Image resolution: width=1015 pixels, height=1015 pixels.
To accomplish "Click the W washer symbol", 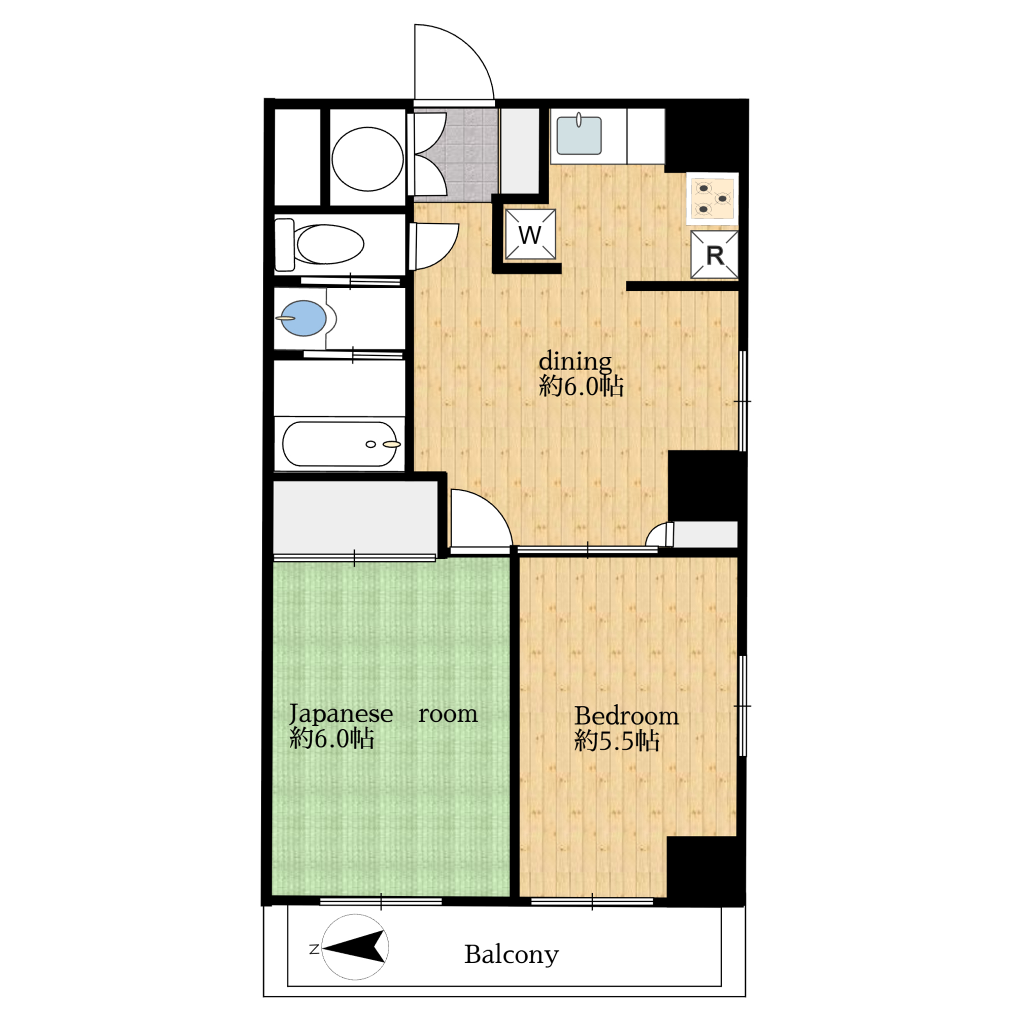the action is pyautogui.click(x=529, y=234).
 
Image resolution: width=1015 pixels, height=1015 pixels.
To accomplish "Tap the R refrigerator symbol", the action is pyautogui.click(x=715, y=255).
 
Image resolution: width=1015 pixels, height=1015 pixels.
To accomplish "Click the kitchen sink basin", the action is pyautogui.click(x=579, y=136).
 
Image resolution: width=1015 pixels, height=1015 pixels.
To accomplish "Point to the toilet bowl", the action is pyautogui.click(x=330, y=244).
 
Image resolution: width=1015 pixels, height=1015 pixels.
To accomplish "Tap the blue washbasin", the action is pyautogui.click(x=303, y=318).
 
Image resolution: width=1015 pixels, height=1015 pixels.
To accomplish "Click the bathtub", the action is pyautogui.click(x=340, y=444).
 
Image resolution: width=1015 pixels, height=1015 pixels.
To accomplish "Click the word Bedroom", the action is pyautogui.click(x=626, y=716).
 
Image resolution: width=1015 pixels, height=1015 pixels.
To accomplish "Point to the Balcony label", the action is pyautogui.click(x=511, y=955).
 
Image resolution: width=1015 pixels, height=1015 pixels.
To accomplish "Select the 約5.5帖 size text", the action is pyautogui.click(x=617, y=742).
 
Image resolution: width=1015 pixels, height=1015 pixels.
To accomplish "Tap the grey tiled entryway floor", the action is pyautogui.click(x=456, y=155).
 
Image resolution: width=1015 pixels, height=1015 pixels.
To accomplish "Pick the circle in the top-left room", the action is pyautogui.click(x=367, y=159).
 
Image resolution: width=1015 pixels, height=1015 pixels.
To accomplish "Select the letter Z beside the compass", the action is pyautogui.click(x=314, y=950).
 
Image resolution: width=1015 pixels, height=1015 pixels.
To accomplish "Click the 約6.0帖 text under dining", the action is pyautogui.click(x=581, y=387).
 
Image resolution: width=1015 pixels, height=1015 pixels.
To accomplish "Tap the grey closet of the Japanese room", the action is pyautogui.click(x=356, y=517).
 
